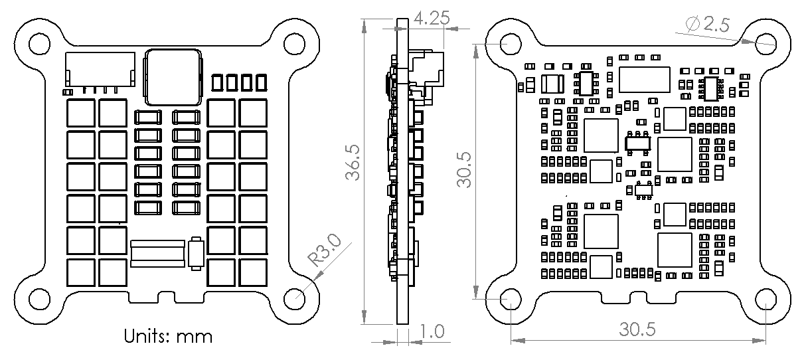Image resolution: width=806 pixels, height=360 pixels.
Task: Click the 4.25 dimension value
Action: [432, 18]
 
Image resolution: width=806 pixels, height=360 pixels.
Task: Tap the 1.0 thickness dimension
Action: [432, 331]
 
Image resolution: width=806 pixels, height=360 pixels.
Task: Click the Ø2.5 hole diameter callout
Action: [708, 24]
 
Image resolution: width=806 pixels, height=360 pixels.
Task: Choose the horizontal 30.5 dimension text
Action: [637, 329]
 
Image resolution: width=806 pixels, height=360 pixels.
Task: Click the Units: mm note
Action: [168, 337]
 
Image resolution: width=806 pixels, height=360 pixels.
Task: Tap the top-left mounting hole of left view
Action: [40, 44]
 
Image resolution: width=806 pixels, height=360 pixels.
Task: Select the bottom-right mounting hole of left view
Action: [294, 299]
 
